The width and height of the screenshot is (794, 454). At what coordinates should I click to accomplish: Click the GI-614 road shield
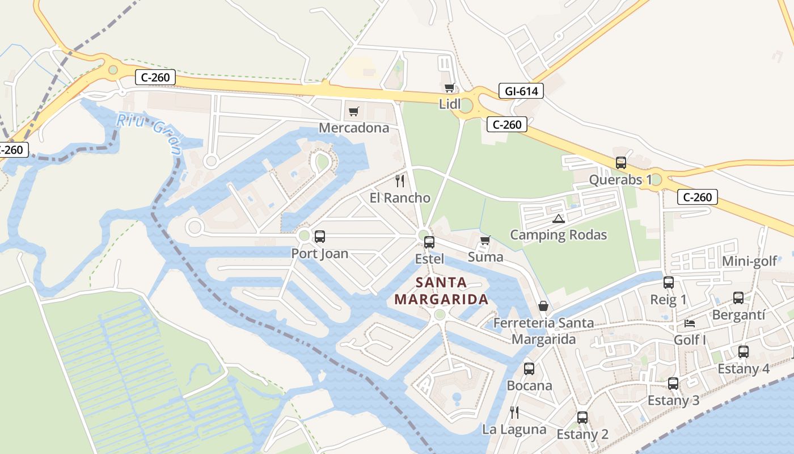(521, 91)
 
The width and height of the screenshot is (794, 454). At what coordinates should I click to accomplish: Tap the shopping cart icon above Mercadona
(354, 111)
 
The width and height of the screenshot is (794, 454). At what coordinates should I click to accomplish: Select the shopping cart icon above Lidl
(450, 87)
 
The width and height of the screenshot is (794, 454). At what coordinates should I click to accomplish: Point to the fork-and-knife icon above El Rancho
(400, 181)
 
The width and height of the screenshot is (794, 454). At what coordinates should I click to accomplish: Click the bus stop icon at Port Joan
(320, 237)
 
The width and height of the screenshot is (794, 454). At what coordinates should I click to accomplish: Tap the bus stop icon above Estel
(429, 242)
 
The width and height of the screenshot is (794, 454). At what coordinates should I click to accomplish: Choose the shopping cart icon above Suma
(485, 241)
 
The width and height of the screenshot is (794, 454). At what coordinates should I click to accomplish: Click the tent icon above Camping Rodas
(559, 218)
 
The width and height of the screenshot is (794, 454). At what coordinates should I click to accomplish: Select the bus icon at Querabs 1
(621, 163)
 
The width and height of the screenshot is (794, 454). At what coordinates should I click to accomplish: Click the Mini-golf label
(749, 261)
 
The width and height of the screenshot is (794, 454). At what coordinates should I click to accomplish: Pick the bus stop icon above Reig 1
(669, 283)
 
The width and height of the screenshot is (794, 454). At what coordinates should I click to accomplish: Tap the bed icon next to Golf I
(690, 323)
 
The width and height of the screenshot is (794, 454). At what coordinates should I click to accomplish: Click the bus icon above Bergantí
(738, 298)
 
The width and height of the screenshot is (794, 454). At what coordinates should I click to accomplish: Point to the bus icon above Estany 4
(744, 352)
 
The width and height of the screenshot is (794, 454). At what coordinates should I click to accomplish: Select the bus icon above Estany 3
(673, 384)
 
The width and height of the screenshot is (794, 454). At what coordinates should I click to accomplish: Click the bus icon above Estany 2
(582, 418)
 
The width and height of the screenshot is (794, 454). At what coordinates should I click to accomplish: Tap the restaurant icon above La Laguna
(514, 412)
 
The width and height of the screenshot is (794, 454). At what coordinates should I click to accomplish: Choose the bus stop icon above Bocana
(529, 369)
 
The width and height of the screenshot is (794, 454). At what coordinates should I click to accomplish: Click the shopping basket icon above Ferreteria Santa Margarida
(543, 306)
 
